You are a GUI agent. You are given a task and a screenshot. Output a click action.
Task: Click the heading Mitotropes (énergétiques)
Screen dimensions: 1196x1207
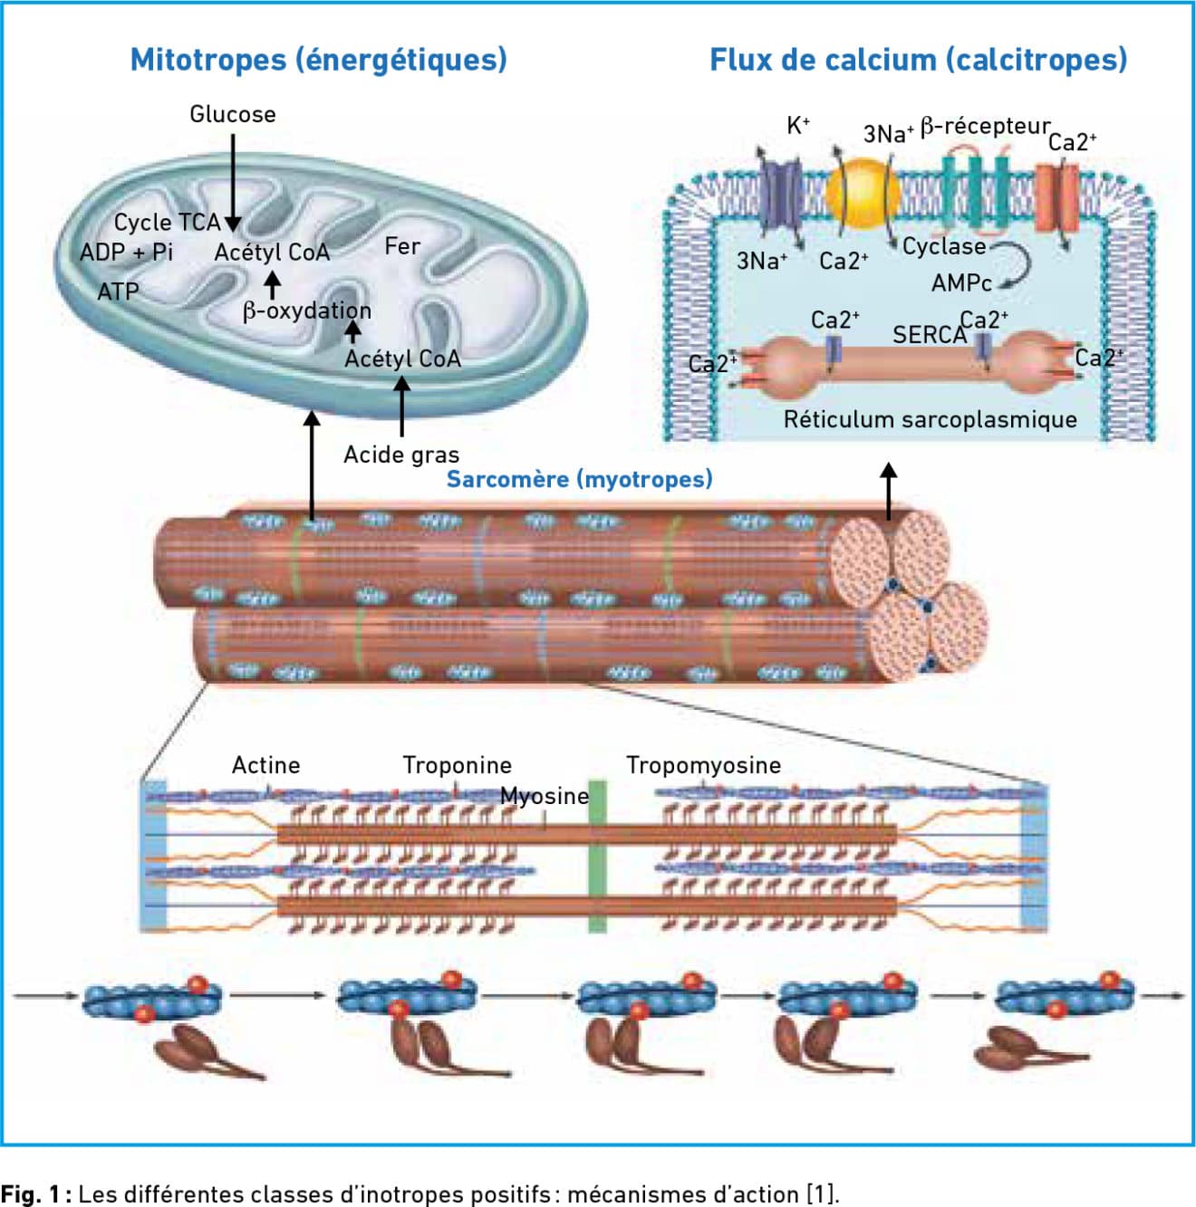(x=318, y=61)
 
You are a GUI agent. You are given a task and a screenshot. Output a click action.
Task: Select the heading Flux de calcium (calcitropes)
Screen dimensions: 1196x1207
(x=919, y=61)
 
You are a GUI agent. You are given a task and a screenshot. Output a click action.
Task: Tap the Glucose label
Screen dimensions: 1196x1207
(x=233, y=114)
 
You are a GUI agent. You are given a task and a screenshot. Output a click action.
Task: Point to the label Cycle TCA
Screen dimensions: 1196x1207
(x=168, y=223)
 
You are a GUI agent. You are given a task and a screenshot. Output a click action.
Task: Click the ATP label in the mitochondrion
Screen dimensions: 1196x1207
(x=118, y=292)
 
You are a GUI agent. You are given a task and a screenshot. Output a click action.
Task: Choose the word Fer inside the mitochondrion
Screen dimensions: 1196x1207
(x=401, y=246)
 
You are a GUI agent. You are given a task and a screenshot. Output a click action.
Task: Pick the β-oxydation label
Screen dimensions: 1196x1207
(x=307, y=311)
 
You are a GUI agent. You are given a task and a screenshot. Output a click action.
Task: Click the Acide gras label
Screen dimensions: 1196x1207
(x=401, y=455)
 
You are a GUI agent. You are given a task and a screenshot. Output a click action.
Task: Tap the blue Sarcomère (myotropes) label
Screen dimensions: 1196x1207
(x=579, y=479)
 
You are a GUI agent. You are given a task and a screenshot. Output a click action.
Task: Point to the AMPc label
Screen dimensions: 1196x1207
(x=961, y=283)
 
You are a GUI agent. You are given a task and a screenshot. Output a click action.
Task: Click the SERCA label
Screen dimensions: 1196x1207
(x=930, y=336)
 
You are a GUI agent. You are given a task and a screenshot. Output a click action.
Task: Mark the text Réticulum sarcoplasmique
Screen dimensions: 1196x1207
(x=931, y=419)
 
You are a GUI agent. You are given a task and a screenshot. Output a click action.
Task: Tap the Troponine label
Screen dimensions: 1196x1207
(x=457, y=765)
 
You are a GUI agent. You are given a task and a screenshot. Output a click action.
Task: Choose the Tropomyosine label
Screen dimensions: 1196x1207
(x=703, y=765)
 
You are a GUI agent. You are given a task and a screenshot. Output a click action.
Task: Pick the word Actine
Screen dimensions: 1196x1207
(x=265, y=765)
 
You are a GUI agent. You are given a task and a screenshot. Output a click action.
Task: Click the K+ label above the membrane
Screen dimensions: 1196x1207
(x=798, y=126)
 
